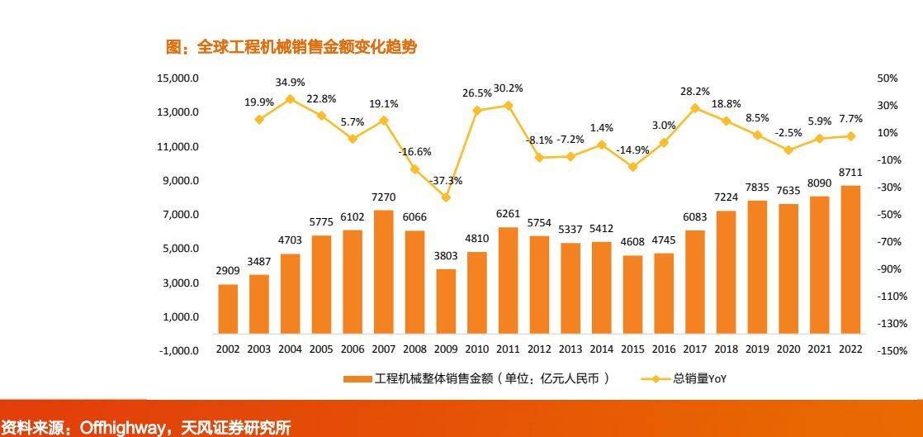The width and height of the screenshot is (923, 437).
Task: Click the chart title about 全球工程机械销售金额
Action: click(x=291, y=48)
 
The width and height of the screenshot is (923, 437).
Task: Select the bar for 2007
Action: click(x=384, y=280)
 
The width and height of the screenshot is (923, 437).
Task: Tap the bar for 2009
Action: click(x=446, y=309)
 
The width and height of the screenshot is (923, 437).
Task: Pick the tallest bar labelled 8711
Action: click(x=850, y=268)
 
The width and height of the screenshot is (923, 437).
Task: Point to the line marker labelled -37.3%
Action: click(x=446, y=197)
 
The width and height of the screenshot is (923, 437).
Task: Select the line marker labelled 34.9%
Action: click(x=290, y=99)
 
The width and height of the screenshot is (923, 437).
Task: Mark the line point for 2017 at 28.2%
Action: click(x=694, y=108)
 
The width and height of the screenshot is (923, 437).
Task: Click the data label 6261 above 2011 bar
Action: click(x=508, y=213)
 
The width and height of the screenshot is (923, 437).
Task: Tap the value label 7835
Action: click(x=757, y=187)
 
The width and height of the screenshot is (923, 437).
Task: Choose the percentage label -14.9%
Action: click(x=632, y=150)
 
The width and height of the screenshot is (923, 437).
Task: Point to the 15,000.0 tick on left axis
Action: click(x=178, y=78)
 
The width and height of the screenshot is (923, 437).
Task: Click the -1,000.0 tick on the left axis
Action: click(x=178, y=350)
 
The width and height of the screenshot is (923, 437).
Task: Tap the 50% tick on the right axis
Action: click(x=887, y=78)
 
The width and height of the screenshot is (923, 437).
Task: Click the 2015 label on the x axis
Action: click(x=632, y=349)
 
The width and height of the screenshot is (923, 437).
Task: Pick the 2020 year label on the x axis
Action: click(x=788, y=349)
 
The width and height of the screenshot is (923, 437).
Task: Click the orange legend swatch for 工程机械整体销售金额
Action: click(x=357, y=379)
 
